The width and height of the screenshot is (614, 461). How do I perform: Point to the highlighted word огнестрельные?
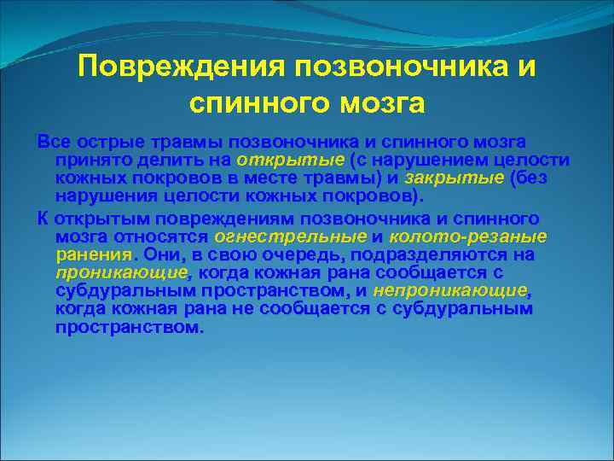(289, 236)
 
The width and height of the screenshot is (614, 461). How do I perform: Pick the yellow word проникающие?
(120, 271)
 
